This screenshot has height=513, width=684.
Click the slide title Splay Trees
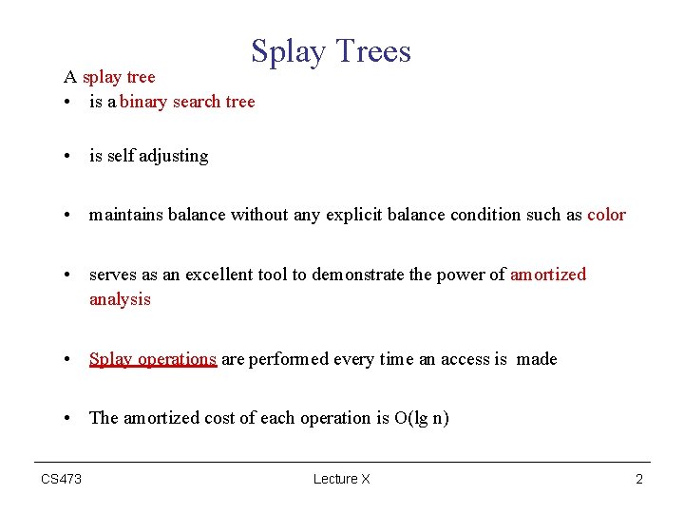[x=331, y=51]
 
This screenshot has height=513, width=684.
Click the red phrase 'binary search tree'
[x=187, y=102]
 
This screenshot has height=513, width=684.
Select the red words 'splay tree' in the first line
[x=119, y=76]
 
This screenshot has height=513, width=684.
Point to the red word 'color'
[x=606, y=215]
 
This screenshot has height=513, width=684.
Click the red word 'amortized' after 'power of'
[x=548, y=275]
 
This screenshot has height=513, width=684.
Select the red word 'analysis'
[x=120, y=299]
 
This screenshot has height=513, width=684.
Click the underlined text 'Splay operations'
[x=153, y=359]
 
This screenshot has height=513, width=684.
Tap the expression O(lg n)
[x=421, y=418]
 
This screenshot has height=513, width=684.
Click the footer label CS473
[x=61, y=479]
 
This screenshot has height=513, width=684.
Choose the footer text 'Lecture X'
[x=341, y=479]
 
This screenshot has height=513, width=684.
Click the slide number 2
[x=639, y=479]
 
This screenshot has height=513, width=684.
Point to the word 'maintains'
[x=126, y=215]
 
